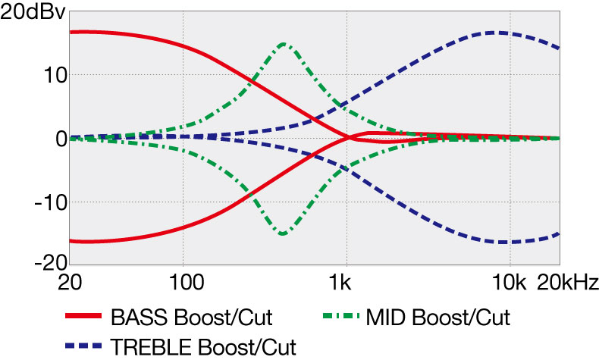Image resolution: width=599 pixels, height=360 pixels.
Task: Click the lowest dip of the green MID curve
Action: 283,233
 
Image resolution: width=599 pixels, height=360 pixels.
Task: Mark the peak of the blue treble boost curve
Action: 497,33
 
